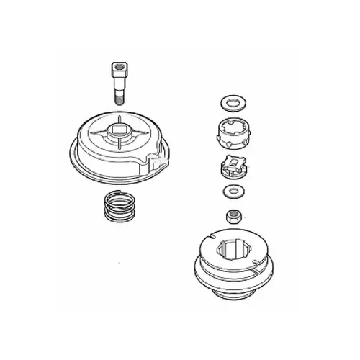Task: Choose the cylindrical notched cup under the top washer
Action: coord(235,134)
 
